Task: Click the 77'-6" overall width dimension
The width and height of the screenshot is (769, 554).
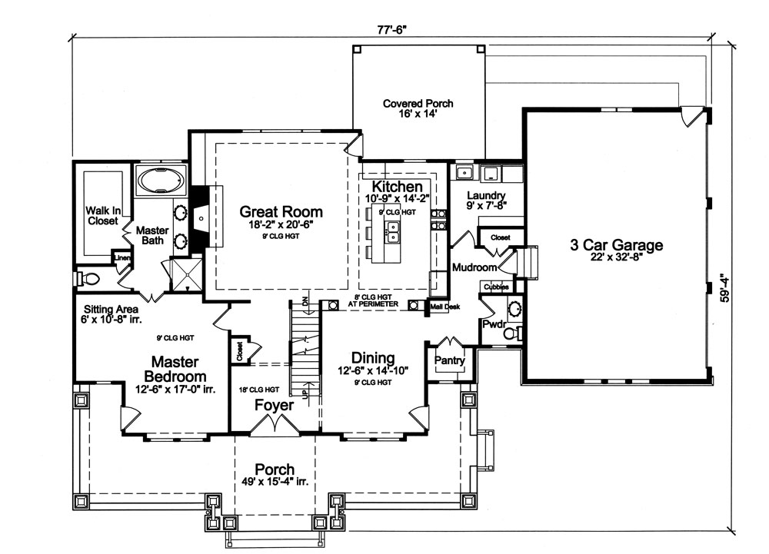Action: (x=390, y=30)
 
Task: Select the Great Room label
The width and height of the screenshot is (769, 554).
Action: (x=281, y=211)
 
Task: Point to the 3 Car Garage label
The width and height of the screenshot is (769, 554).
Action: (x=616, y=246)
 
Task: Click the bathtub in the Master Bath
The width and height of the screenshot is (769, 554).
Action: (x=160, y=181)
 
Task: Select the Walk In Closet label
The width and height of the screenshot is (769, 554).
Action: (x=102, y=215)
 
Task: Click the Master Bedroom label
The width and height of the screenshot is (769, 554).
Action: (x=175, y=369)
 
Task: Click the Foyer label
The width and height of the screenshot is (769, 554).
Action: (x=274, y=403)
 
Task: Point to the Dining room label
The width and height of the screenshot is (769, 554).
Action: (x=373, y=358)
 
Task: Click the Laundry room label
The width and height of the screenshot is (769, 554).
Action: (x=485, y=195)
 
